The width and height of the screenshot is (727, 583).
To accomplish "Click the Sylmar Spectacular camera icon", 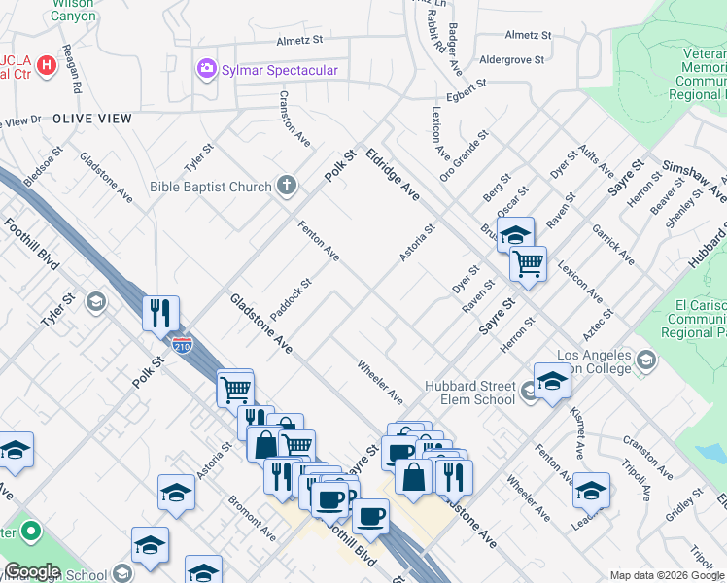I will tap(206, 69).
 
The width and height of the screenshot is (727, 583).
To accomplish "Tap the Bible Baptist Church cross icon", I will tap(286, 185).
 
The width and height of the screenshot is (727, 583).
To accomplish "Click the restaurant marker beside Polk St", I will tap(160, 313).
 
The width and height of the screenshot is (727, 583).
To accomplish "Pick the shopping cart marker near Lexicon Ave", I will tap(528, 262).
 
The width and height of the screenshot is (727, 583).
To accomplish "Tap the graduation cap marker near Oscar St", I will tap(515, 234).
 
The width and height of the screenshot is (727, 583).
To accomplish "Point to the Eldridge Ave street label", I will tap(393, 175).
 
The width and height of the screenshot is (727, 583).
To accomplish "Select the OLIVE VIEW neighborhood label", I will tap(92, 118).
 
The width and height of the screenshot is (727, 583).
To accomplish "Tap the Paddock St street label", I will tap(291, 299).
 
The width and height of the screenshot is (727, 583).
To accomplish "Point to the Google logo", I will tap(32, 571).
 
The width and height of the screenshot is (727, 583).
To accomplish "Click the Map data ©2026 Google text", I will tap(666, 574).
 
